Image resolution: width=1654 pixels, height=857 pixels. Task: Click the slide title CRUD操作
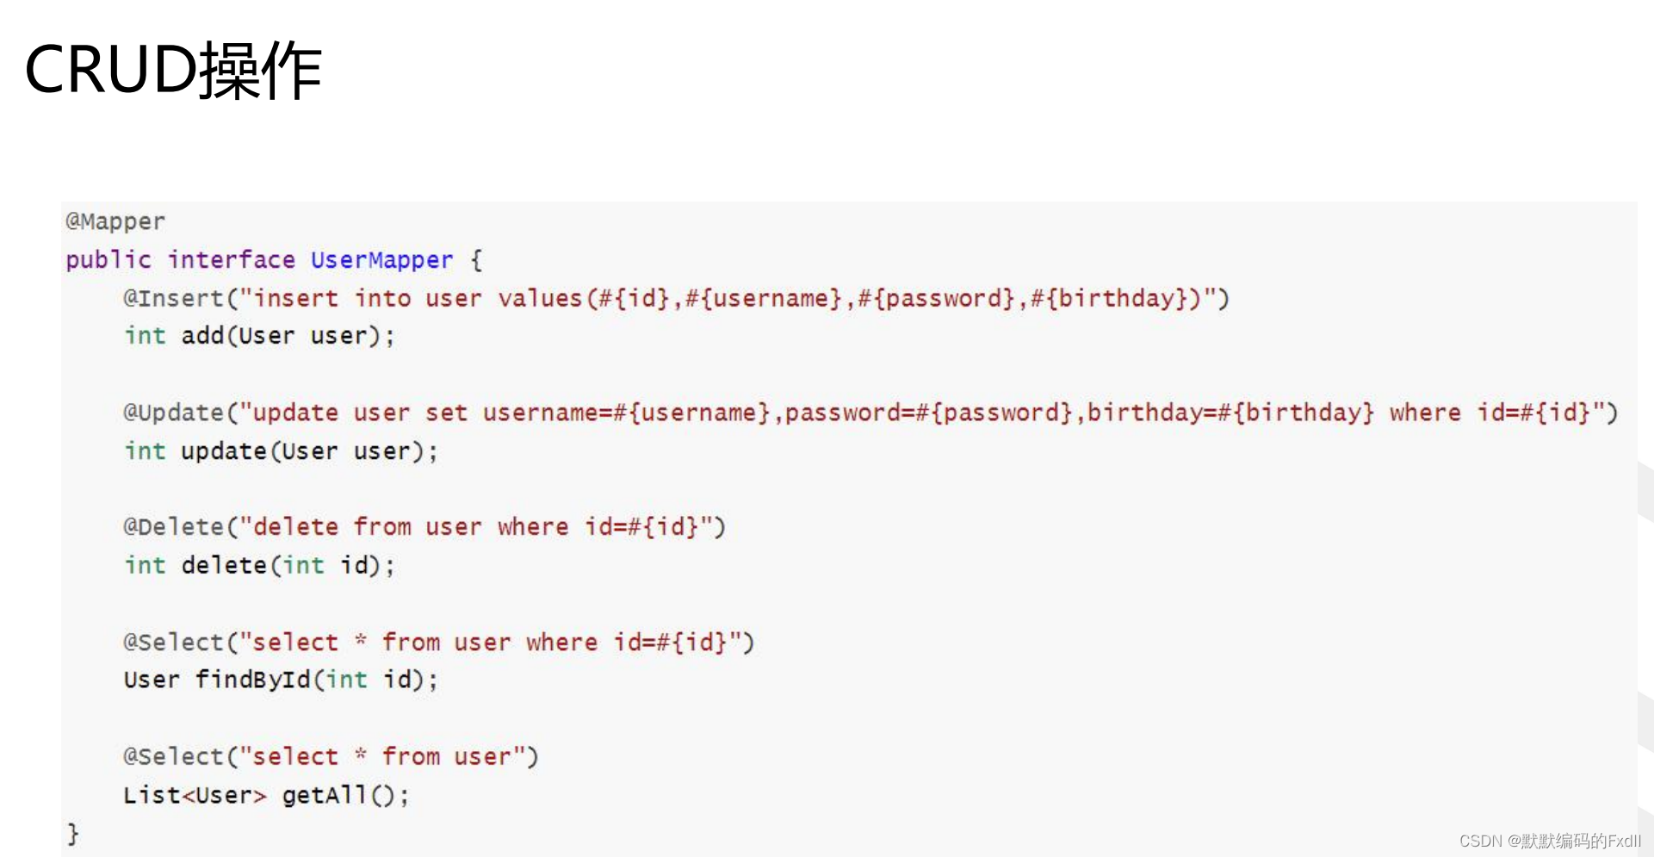click(x=173, y=69)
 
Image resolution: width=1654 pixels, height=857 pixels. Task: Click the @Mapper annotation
click(x=115, y=221)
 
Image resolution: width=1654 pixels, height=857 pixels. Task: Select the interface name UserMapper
click(x=381, y=259)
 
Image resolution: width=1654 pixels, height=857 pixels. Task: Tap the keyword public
click(x=108, y=259)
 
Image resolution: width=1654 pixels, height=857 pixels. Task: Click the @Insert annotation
click(x=173, y=298)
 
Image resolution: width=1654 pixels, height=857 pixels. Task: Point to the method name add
click(x=202, y=335)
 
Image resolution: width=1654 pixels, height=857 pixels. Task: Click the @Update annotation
click(x=173, y=413)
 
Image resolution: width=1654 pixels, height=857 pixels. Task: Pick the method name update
click(x=224, y=450)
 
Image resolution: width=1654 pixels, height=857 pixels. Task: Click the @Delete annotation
click(x=173, y=526)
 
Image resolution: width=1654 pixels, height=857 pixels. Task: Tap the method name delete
click(x=224, y=565)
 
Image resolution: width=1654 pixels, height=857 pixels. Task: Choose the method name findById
click(x=252, y=680)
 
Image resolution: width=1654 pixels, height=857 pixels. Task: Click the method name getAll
click(x=324, y=794)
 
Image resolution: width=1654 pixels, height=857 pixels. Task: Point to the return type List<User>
click(x=195, y=794)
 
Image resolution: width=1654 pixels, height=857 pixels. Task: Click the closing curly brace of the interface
click(x=73, y=833)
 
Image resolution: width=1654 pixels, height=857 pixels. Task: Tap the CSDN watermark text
click(x=1550, y=841)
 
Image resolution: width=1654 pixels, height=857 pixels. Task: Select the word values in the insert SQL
click(x=540, y=298)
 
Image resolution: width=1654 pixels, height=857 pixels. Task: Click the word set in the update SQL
click(x=446, y=413)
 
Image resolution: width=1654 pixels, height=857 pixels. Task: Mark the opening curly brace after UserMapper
click(x=476, y=259)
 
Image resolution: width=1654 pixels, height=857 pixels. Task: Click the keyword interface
click(x=231, y=259)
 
